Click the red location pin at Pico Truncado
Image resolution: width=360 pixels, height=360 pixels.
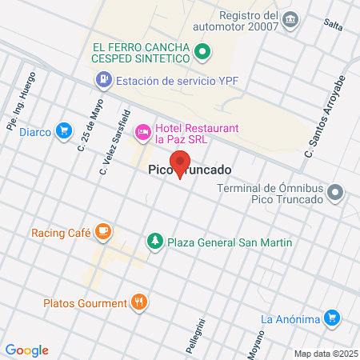(x=181, y=162)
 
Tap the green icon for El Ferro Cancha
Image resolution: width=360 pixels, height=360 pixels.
(x=202, y=54)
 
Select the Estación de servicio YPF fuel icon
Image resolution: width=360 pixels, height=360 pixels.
(x=103, y=79)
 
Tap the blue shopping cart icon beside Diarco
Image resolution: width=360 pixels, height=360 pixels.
(x=63, y=131)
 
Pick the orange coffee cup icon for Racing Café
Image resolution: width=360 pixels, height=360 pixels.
(x=102, y=232)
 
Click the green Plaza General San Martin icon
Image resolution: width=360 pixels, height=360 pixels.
(x=154, y=241)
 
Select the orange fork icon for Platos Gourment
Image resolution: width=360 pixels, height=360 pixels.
(x=139, y=302)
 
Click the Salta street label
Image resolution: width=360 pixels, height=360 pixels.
(x=333, y=24)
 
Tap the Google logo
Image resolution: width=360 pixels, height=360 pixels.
(x=26, y=350)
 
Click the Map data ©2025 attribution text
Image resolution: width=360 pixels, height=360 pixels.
(x=326, y=353)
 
